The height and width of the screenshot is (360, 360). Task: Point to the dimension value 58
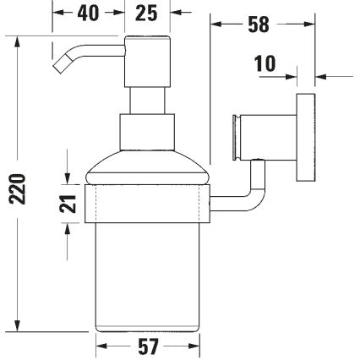point(259,25)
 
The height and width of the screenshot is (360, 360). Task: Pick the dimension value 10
point(265,64)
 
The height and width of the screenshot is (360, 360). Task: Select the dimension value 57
point(148,346)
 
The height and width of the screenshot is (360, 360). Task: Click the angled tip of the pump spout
point(62,63)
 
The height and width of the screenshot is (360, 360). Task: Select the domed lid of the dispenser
point(148,170)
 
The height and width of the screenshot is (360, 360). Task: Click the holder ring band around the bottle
point(148,202)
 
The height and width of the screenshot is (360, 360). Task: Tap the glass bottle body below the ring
point(148,270)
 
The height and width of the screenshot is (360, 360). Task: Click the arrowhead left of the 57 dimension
point(99,346)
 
